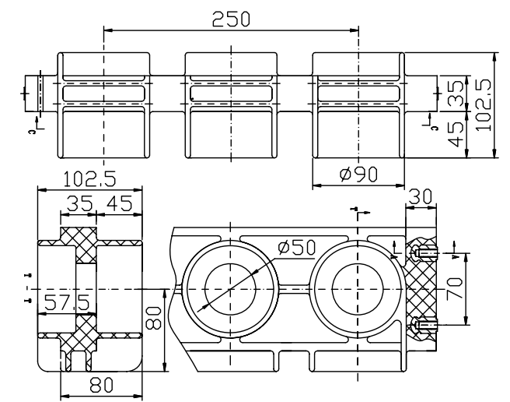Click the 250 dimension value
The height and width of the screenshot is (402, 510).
(231, 19)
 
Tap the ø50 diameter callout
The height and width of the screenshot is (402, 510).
(295, 247)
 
